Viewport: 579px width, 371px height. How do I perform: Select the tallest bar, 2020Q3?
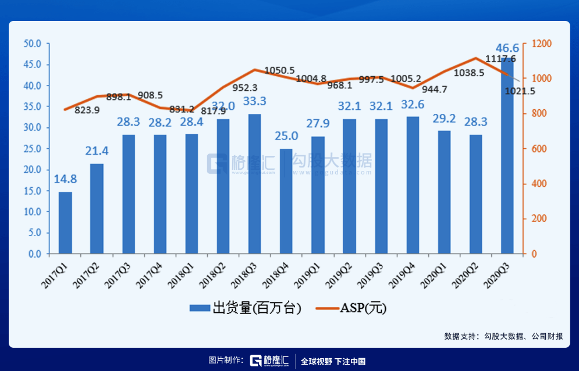pos(506,157)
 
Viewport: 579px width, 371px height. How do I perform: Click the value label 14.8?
pos(65,179)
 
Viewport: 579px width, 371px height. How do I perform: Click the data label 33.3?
pos(254,101)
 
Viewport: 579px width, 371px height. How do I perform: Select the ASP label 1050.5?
pos(279,70)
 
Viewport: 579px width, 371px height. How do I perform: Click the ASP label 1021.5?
pos(520,91)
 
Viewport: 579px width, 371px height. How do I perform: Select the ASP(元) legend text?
pos(363,308)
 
